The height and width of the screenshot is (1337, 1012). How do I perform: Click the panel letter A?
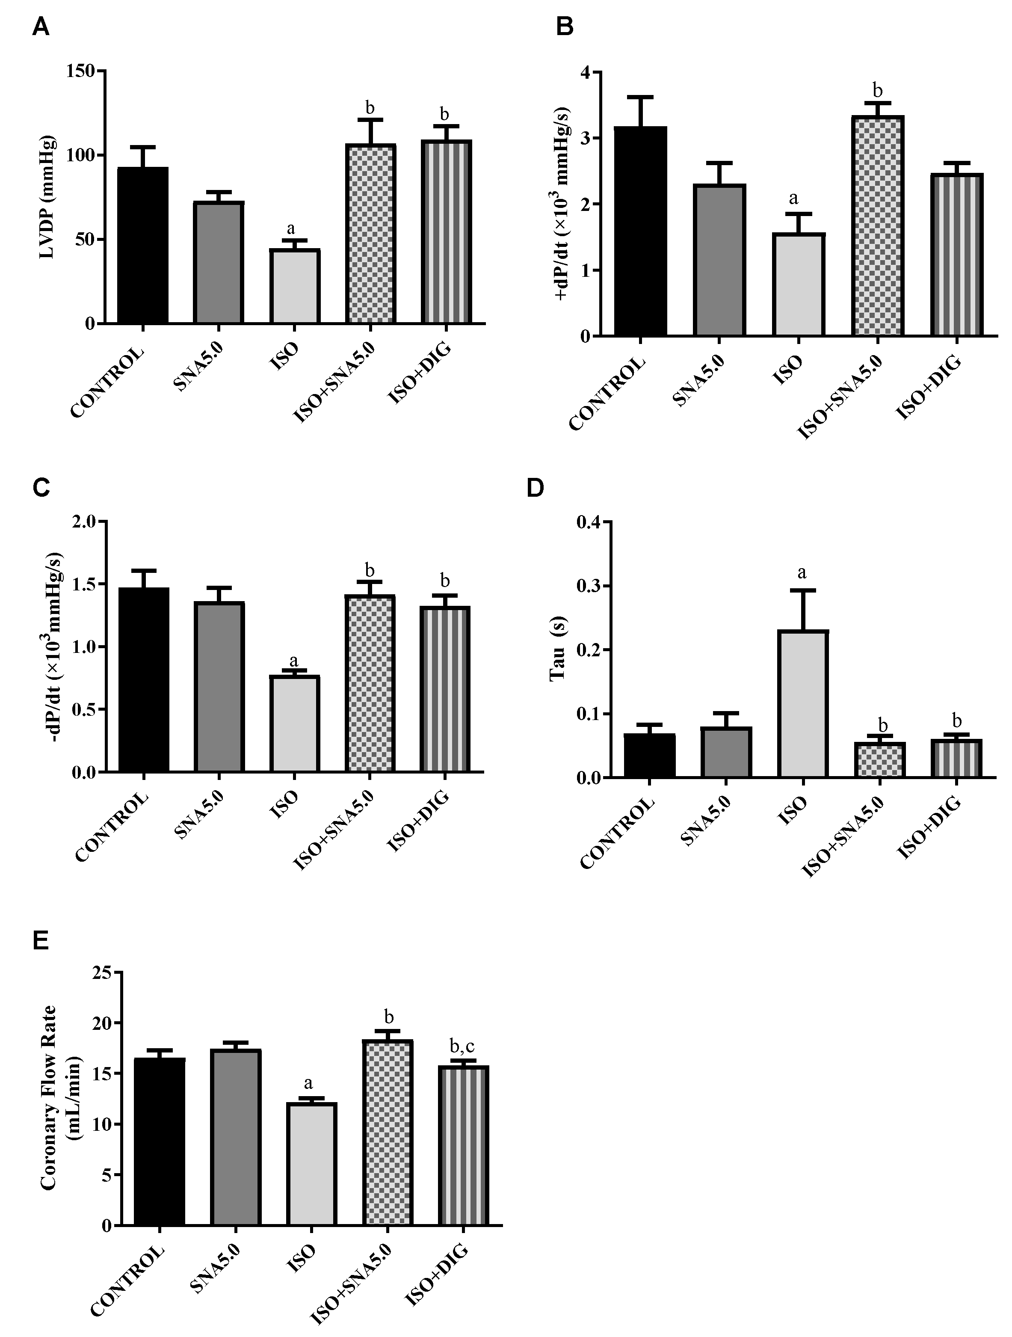pyautogui.click(x=41, y=28)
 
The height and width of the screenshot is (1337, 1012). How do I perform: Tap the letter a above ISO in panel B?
pyautogui.click(x=794, y=198)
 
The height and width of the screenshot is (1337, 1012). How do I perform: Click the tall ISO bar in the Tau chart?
pyautogui.click(x=803, y=704)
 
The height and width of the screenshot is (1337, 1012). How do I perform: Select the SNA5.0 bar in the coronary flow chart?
pyautogui.click(x=236, y=1137)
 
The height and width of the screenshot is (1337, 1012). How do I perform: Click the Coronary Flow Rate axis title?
pyautogui.click(x=60, y=1097)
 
